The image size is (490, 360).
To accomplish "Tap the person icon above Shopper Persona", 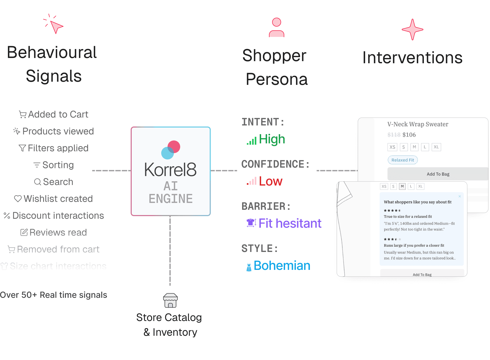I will tap(276, 28).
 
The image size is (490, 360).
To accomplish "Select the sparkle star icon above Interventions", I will tap(412, 30).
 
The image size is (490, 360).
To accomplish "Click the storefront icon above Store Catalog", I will tap(170, 300).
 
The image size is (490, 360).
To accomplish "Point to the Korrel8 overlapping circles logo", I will tap(171, 150).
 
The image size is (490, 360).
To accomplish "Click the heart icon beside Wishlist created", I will tap(18, 199).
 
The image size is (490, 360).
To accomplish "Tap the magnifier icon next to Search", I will tap(38, 182).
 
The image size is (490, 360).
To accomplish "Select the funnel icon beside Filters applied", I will tap(22, 148).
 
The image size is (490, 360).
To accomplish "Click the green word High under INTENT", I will tap(272, 139).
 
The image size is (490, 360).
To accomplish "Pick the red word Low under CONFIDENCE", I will tap(271, 181).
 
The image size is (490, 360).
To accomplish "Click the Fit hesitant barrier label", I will tap(290, 223).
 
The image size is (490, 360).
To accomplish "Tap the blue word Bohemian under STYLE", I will tap(282, 266).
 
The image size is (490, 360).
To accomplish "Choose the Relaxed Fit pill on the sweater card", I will tap(403, 160).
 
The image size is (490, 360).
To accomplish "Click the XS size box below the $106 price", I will tap(392, 147).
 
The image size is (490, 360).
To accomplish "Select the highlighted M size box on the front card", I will tap(402, 186).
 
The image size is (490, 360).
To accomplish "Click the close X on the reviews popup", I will tap(460, 196).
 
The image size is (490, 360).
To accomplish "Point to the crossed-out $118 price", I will tap(394, 135).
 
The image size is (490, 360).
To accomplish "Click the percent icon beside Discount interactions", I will tap(7, 216).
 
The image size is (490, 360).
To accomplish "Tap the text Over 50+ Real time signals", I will tap(53, 295).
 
